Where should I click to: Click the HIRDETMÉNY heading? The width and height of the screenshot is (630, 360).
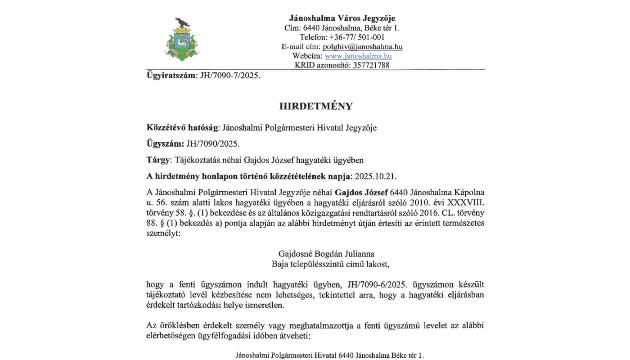point(316,106)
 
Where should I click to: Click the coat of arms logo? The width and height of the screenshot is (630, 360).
point(181,40)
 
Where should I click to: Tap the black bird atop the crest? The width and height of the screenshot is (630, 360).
point(182,22)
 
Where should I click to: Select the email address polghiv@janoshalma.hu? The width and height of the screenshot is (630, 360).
point(362,47)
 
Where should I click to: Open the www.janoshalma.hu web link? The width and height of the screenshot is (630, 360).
point(358,56)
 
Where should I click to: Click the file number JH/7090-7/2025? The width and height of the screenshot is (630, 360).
point(229,76)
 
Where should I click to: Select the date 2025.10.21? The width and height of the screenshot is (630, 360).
point(376,176)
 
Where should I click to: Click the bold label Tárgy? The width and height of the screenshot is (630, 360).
point(158,160)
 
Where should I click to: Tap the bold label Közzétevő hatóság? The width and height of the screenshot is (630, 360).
point(182,128)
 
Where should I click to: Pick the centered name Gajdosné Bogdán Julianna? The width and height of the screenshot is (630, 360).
point(326,254)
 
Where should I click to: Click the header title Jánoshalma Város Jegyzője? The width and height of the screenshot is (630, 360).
point(342,18)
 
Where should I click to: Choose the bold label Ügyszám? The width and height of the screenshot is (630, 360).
point(165,144)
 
